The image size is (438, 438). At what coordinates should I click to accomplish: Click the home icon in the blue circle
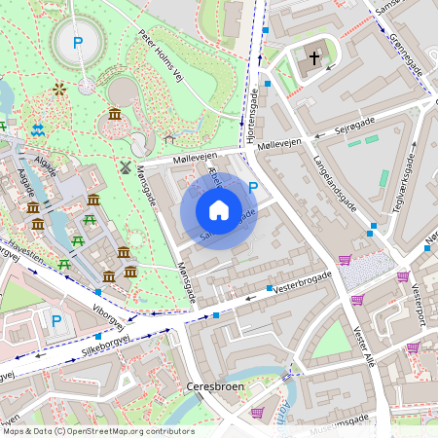(x=219, y=209)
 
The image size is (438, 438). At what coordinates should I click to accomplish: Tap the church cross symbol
(x=314, y=58)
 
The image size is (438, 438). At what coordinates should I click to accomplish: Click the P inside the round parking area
(x=77, y=43)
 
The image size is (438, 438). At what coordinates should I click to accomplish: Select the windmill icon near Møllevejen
(x=125, y=166)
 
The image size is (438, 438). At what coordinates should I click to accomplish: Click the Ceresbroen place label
(x=214, y=386)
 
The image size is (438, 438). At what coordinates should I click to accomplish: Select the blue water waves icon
(x=38, y=129)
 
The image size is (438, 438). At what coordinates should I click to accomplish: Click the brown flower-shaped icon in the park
(x=59, y=90)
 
